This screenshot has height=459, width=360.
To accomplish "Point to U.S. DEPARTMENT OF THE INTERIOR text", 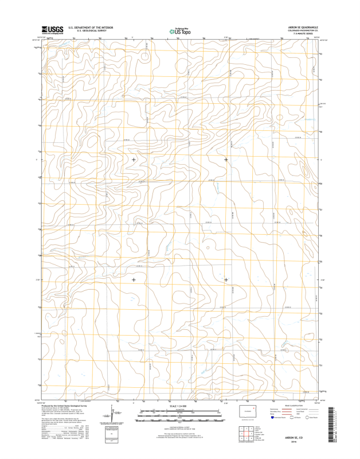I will [x=91, y=27].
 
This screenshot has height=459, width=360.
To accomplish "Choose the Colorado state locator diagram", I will [x=247, y=413].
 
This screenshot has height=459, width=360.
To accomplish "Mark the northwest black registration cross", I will [x=134, y=160].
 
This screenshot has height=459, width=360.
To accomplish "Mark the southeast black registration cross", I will [x=226, y=280].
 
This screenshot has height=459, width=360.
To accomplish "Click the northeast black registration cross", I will [x=226, y=160].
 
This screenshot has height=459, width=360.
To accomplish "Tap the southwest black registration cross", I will [x=134, y=280].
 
